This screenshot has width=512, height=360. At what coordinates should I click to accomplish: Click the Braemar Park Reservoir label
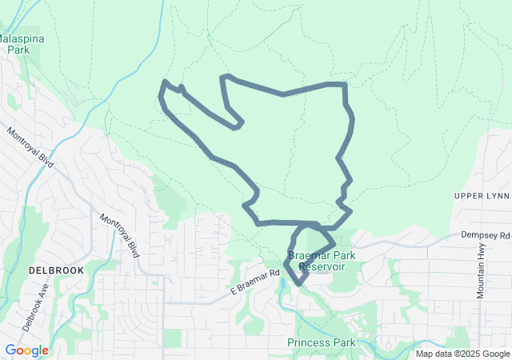click(322, 262)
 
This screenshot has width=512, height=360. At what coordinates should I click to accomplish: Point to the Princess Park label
click(322, 342)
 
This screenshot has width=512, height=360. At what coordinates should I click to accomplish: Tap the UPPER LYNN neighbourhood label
click(481, 196)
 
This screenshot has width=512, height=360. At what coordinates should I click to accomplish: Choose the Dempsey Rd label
click(485, 235)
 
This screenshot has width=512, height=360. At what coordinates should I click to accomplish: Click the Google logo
click(26, 350)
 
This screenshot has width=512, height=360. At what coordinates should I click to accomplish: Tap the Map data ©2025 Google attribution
click(462, 354)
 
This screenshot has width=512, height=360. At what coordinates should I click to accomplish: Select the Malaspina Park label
click(18, 43)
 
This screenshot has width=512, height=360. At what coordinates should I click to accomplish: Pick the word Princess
click(309, 342)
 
